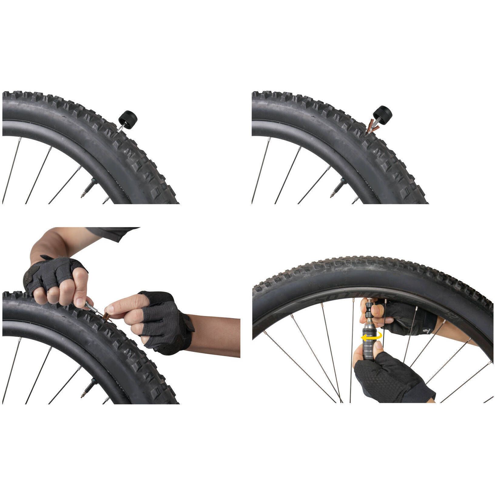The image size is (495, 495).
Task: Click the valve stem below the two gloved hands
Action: [x=88, y=389]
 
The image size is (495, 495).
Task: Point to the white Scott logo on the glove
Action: [x=428, y=329]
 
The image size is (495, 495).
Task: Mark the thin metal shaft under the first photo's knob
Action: [x=121, y=127]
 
